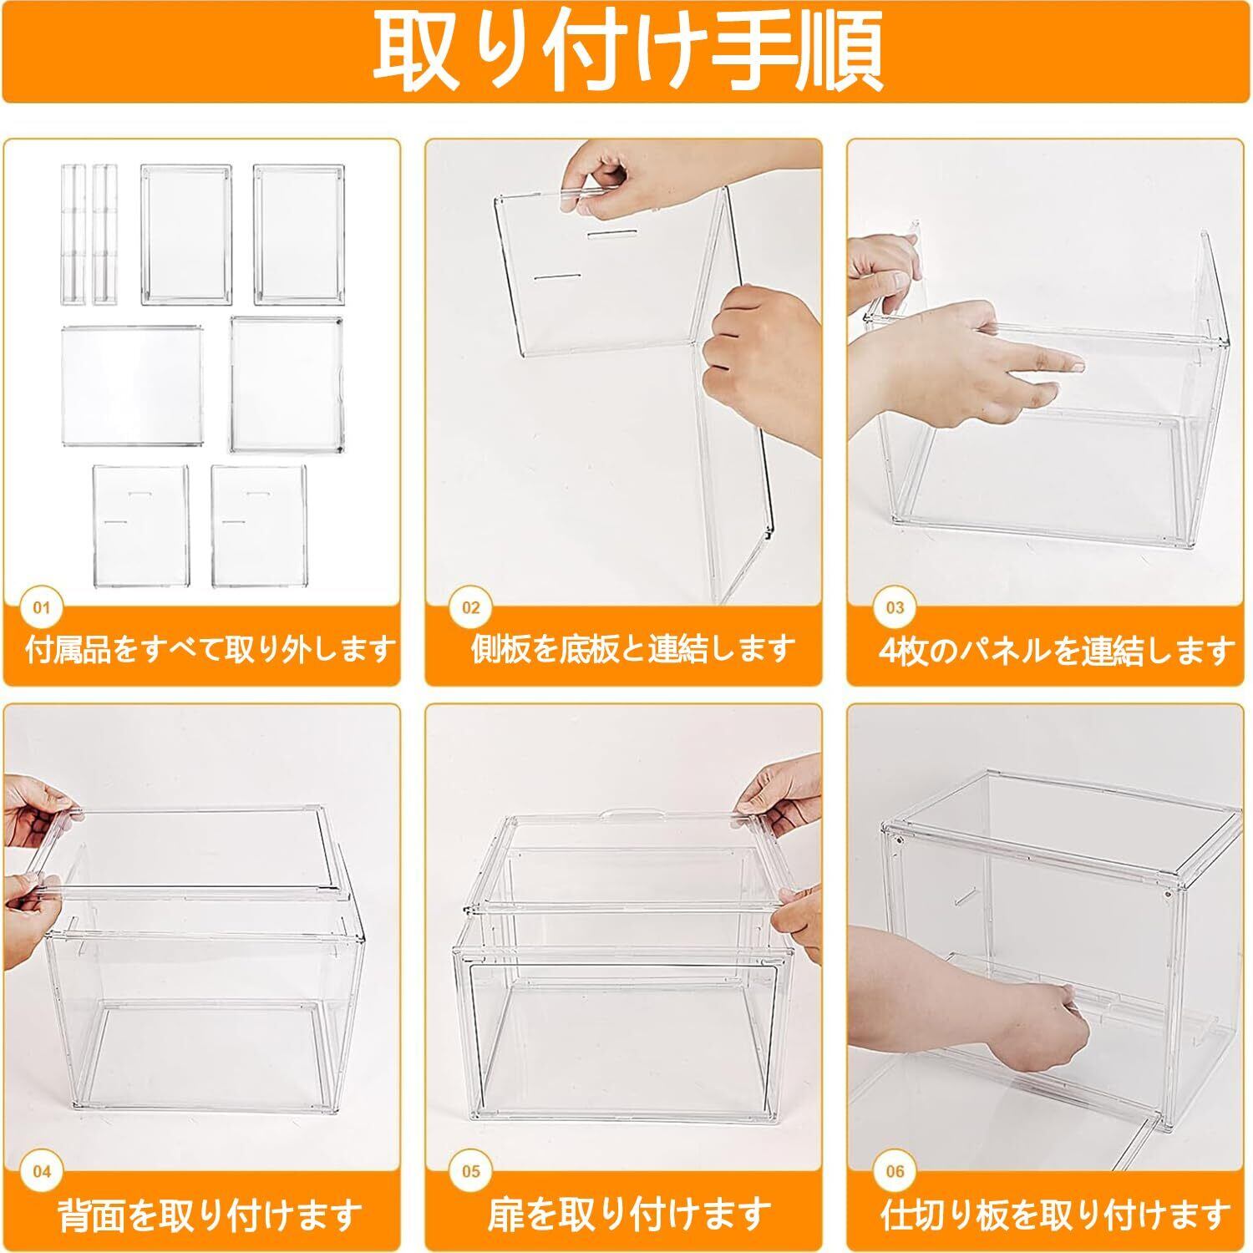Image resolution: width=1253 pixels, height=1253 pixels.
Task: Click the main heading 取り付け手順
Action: [x=626, y=51]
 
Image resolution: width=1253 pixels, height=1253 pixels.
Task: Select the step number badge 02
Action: [x=471, y=607]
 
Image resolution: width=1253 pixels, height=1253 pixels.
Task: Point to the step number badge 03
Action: [x=895, y=607]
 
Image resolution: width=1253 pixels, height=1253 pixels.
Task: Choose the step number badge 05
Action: [x=471, y=1172]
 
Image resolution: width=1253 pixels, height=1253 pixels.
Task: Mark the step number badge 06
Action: [x=895, y=1172]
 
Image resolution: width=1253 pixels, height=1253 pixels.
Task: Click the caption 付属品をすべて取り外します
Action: [x=210, y=649]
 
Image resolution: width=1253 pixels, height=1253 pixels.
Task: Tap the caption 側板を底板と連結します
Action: [x=632, y=649]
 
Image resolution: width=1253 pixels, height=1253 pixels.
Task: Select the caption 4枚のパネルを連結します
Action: [x=1057, y=649]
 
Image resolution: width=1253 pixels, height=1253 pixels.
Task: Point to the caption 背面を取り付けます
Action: [x=210, y=1214]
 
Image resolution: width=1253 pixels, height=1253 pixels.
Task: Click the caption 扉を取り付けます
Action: [x=629, y=1214]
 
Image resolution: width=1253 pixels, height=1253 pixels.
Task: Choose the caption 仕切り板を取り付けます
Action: [x=1057, y=1214]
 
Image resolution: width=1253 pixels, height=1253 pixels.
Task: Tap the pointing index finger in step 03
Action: [x=1044, y=360]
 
